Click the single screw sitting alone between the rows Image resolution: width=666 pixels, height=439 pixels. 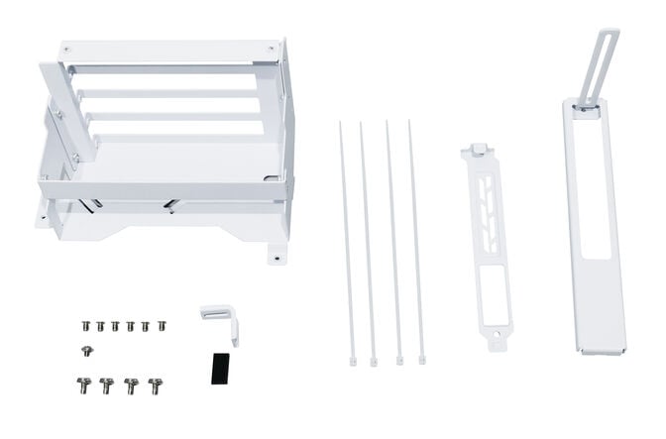pos(86,350)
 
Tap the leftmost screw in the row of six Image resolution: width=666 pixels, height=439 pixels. pos(86,325)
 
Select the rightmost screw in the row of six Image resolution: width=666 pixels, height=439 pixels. pos(162,324)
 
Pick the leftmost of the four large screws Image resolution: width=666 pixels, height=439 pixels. pos(82,384)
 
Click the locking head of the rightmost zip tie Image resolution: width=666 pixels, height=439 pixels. pos(422,360)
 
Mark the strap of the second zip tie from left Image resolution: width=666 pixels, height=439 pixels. pos(367,238)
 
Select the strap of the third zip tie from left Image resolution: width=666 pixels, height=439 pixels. pos(392,238)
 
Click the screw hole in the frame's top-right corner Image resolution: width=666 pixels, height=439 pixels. pos(270,49)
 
